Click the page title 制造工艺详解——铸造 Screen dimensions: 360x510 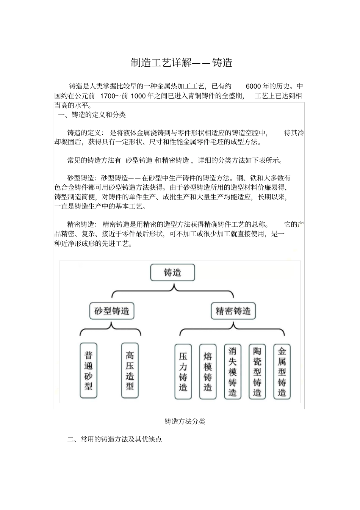point(181,63)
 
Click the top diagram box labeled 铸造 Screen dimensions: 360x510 point(172,273)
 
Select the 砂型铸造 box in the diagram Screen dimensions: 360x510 point(112,311)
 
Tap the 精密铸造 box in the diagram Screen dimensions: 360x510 point(233,311)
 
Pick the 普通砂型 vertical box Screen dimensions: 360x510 point(89,370)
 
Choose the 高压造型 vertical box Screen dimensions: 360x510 point(130,370)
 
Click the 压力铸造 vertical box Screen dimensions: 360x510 point(183,372)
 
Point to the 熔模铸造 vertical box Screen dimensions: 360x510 point(208,372)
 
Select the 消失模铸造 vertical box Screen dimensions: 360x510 point(233,372)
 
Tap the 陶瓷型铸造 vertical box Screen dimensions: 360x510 point(257,372)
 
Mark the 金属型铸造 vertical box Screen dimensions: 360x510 point(282,372)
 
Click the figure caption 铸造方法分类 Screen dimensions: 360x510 point(185,421)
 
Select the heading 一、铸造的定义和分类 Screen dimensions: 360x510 point(92,115)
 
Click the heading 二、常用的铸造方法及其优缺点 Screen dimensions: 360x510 point(114,439)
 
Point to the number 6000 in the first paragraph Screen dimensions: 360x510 point(254,86)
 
